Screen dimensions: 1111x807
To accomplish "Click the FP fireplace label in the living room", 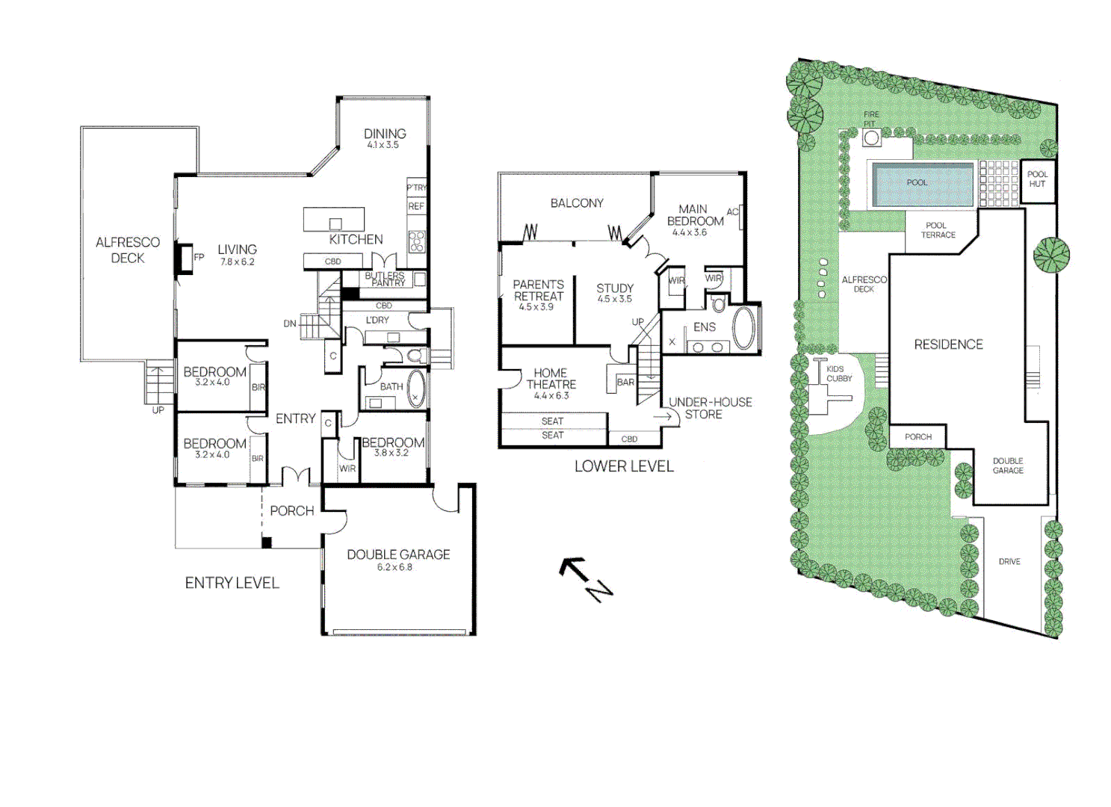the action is point(199,257).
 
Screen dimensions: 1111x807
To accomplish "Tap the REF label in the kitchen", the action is point(416,206).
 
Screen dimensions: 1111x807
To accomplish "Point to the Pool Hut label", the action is point(1037,179).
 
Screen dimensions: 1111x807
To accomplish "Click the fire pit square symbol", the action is point(871,138).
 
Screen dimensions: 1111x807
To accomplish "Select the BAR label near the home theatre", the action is point(625,383).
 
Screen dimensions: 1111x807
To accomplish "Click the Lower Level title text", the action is point(624,466).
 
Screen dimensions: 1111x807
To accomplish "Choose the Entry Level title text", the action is point(232,583).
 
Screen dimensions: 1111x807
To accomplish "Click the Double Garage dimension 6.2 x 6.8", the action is point(394,567).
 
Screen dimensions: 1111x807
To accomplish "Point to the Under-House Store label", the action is point(711,408).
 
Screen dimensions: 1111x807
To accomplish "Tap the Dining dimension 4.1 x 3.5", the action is point(383,145).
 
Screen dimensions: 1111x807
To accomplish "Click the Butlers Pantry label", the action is point(386,279).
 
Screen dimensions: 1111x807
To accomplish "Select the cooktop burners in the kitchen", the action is point(416,241).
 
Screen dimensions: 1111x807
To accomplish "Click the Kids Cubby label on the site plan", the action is point(839,374).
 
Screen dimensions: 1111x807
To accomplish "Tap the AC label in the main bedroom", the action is point(732,212).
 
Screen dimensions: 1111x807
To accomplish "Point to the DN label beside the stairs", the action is point(290,324).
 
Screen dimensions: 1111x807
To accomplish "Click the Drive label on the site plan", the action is point(1009,561).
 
